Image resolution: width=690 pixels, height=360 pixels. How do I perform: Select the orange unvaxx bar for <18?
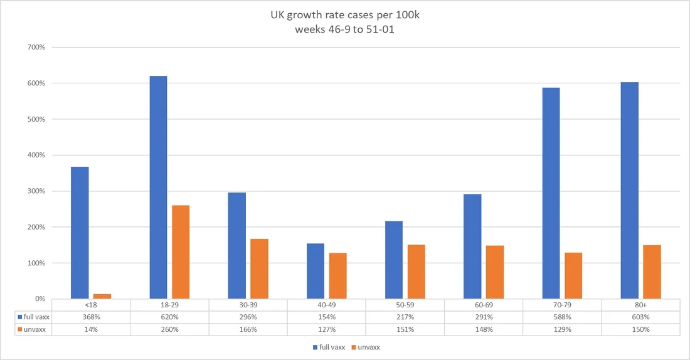click(x=102, y=296)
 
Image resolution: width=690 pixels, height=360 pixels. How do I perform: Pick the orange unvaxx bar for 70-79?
click(x=573, y=275)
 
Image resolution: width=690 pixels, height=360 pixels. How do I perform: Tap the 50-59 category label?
click(x=405, y=305)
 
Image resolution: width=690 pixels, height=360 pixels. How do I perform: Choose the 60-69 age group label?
click(x=483, y=305)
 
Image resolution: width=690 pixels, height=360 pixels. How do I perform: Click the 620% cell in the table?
click(x=169, y=317)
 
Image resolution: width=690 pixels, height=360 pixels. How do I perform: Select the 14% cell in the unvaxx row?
click(x=91, y=329)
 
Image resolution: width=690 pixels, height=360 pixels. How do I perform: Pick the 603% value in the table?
click(x=640, y=317)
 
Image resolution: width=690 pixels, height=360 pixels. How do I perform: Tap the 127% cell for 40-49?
click(x=326, y=329)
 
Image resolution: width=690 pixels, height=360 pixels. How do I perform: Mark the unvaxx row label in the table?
click(x=33, y=329)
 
